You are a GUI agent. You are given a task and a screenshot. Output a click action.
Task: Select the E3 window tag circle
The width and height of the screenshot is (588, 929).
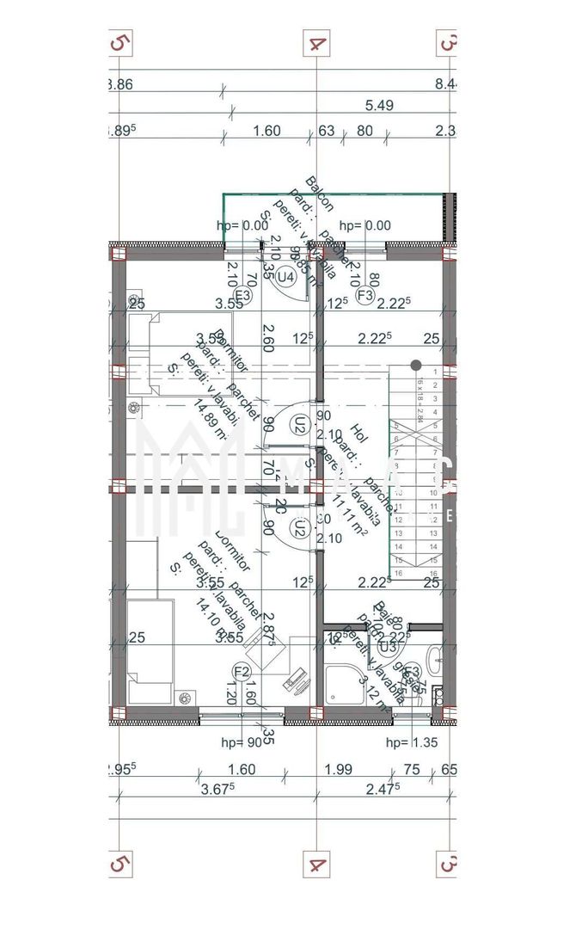coord(243,296)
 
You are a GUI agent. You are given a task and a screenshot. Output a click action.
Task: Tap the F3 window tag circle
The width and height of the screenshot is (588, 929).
coord(364,296)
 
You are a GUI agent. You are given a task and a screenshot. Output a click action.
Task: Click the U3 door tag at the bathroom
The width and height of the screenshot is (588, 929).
coord(387,644)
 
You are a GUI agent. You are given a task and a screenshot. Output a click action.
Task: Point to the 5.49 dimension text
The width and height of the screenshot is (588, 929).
coord(380,106)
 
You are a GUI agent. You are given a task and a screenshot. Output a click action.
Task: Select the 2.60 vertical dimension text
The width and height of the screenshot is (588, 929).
coord(268,340)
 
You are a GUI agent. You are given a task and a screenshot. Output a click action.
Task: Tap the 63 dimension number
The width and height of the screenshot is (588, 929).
coord(327,132)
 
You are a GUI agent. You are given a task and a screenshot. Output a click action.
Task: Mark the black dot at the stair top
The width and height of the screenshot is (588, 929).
coord(415,365)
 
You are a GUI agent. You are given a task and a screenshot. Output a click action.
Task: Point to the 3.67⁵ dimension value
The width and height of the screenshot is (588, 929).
coord(218,789)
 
